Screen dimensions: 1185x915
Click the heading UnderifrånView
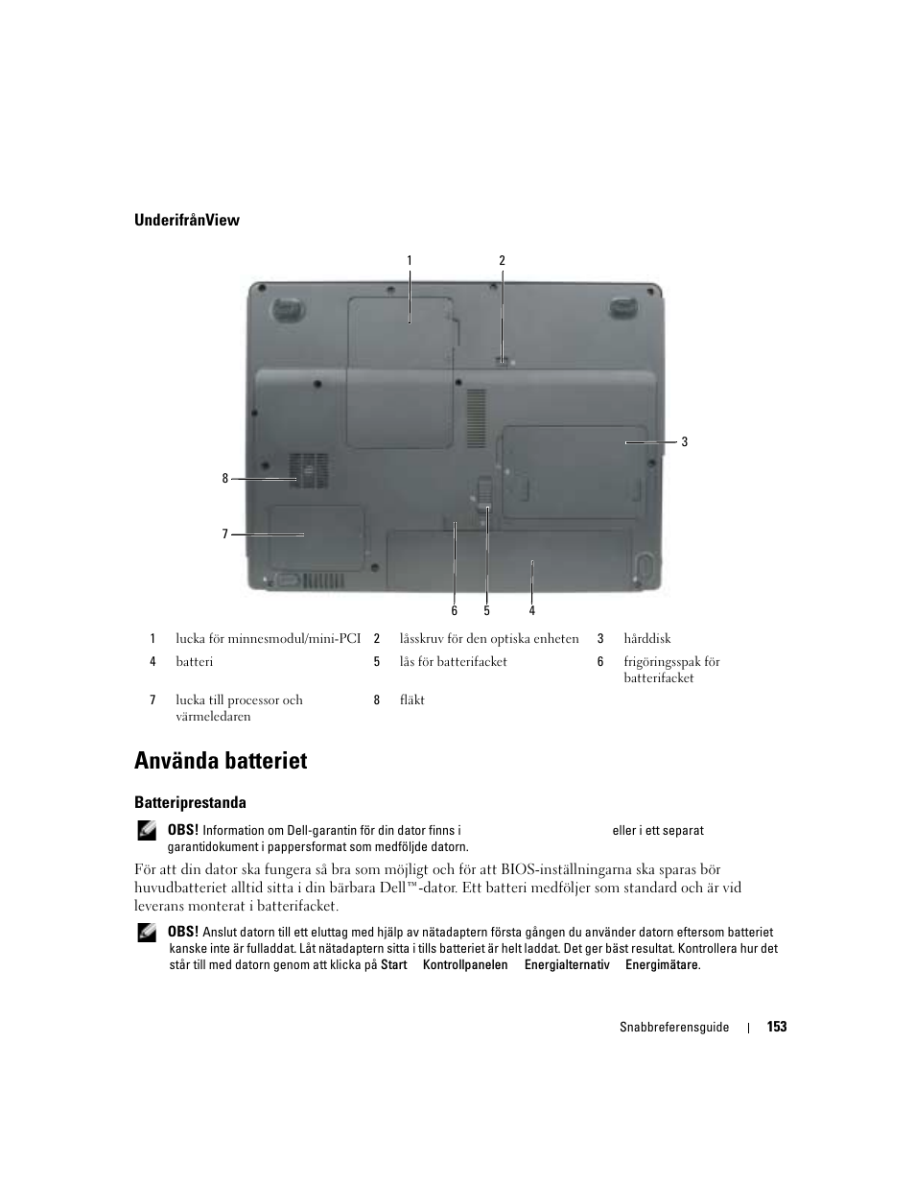(x=186, y=220)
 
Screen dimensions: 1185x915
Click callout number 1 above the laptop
(x=410, y=260)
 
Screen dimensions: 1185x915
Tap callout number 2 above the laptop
(x=502, y=260)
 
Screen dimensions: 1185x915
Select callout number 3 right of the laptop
(x=685, y=442)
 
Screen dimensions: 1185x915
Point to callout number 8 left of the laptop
(x=225, y=478)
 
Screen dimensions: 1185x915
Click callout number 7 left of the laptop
(x=225, y=534)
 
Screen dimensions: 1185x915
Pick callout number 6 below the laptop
(x=455, y=611)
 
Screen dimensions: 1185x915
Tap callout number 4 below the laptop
(x=532, y=611)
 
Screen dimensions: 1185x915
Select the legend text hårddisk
(x=646, y=638)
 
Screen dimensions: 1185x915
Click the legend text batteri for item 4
(x=194, y=661)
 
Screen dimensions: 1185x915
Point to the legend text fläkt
(x=411, y=699)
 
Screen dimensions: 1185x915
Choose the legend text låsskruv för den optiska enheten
(x=489, y=638)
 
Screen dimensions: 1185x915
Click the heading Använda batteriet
(x=221, y=761)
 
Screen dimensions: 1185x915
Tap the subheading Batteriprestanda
(x=190, y=802)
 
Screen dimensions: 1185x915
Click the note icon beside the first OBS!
(x=147, y=832)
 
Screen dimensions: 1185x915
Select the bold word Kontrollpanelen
(x=465, y=965)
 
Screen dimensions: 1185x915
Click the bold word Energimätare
(x=662, y=965)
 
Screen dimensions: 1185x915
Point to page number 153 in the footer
(x=777, y=1027)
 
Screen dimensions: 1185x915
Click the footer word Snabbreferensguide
(x=673, y=1027)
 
